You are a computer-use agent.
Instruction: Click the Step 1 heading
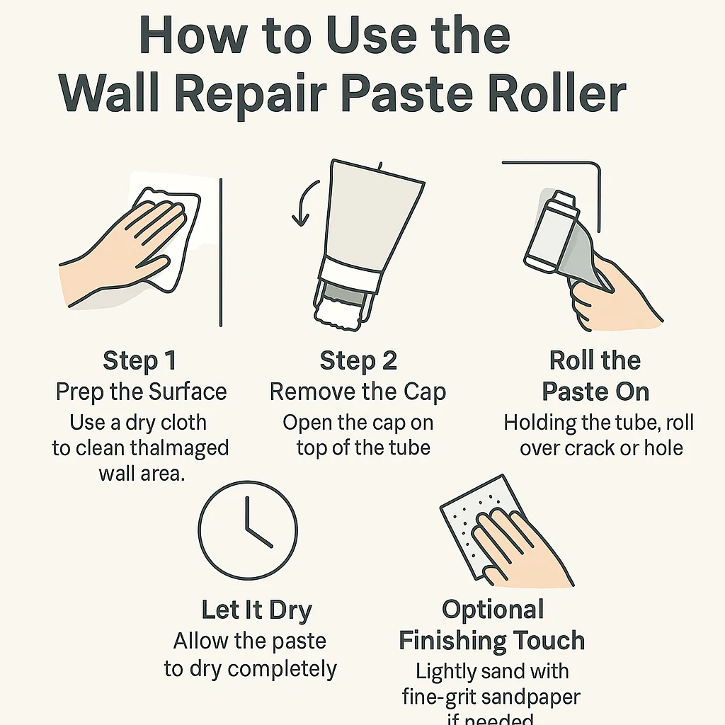pos(139,360)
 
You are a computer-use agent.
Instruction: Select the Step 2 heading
pos(358,360)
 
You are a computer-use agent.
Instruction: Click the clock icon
pos(248,531)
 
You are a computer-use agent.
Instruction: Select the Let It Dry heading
pos(256,610)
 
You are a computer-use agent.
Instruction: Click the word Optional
pos(493,610)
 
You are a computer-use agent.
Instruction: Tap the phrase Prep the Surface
pos(142,392)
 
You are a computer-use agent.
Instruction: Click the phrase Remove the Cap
pos(358,392)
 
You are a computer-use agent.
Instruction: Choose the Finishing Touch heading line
pos(491,641)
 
